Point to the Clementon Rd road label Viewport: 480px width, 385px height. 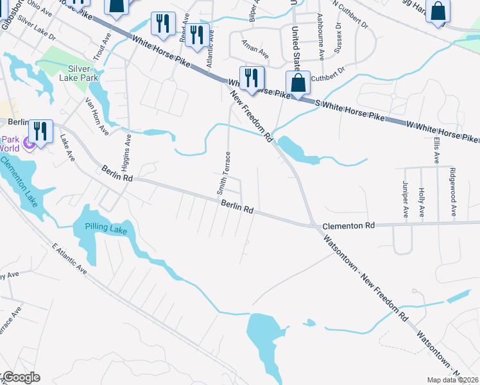pyautogui.click(x=348, y=226)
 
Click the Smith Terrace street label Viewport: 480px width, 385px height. pyautogui.click(x=222, y=173)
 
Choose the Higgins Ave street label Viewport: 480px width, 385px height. pyautogui.click(x=129, y=149)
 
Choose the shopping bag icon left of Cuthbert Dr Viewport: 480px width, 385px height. pyautogui.click(x=298, y=83)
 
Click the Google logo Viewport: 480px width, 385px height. pyautogui.click(x=21, y=377)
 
